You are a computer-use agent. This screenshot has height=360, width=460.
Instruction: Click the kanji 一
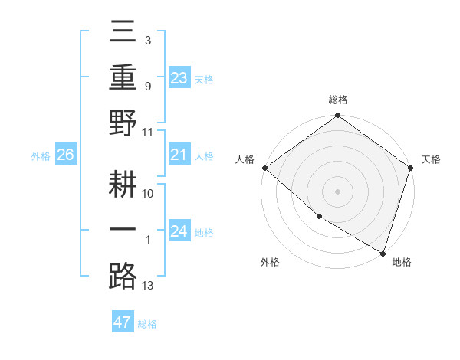pos(123,231)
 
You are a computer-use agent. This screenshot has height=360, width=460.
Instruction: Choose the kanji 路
pos(123,277)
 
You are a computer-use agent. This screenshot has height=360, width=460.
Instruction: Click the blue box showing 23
pos(179,77)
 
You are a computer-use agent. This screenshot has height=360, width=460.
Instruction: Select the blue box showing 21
pos(179,155)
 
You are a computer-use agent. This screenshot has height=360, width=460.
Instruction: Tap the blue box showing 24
pos(179,231)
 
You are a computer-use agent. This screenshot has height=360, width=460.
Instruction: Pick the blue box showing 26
pos(65,155)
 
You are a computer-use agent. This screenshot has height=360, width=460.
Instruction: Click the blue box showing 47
pos(122,322)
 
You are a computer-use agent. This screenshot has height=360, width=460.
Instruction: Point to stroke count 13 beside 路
pos(148,286)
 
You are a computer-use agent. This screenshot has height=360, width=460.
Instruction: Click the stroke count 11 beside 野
pos(148,132)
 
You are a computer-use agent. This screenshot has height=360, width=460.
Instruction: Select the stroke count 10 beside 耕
pos(148,193)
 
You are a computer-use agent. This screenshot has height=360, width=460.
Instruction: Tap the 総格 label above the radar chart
pos(337,100)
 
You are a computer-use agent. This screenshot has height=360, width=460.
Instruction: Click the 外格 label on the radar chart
pos(270,263)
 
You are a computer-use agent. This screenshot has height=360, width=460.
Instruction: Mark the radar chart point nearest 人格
pos(264,168)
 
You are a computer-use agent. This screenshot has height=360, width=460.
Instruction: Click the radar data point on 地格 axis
pos(383,252)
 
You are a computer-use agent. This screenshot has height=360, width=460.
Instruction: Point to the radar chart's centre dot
pos(337,191)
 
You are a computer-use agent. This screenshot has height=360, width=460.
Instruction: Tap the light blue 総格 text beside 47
pos(147,324)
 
